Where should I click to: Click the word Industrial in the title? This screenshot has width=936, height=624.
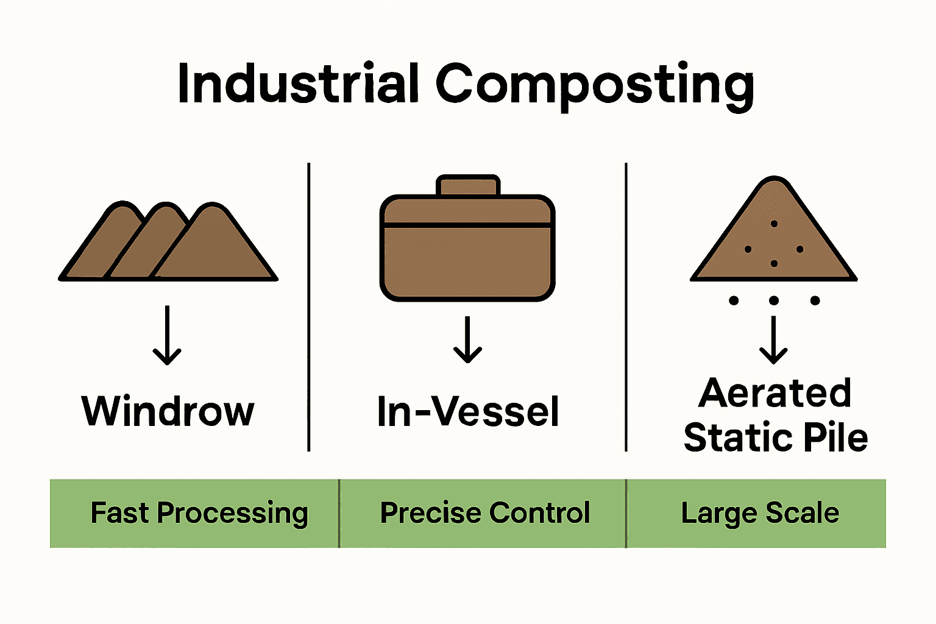pos(297,83)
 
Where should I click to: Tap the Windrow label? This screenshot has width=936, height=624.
pos(168,411)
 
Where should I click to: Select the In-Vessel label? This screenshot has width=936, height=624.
pos(468,411)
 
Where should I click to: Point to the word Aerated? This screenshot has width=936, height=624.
pos(775,393)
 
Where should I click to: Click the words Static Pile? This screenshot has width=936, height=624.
pos(775,438)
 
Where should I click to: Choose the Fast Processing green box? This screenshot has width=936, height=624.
pos(195,513)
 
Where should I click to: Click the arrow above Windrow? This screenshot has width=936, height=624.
pos(167,335)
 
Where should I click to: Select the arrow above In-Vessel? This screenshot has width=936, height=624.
pos(468,339)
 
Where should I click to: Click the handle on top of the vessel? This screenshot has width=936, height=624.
pos(468,186)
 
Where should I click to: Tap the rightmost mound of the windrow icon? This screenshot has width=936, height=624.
pos(216,250)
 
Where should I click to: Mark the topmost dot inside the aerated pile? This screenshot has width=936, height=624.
pos(774,224)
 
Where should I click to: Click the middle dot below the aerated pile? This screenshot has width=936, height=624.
pos(774,300)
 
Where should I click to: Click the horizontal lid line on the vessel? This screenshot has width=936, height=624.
pos(468,225)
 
